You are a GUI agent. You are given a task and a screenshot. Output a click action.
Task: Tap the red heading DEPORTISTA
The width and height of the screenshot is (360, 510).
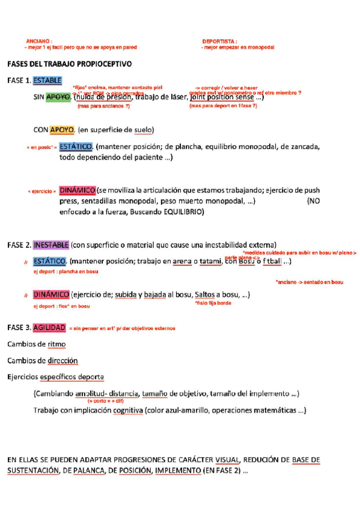pyautogui.click(x=219, y=40)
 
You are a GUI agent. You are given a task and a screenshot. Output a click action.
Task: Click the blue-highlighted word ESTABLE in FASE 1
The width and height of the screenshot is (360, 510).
pyautogui.click(x=47, y=81)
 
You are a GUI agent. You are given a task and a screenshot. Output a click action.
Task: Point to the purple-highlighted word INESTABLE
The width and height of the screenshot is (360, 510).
pyautogui.click(x=51, y=245)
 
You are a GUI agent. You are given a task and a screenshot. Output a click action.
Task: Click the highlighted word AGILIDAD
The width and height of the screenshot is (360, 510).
pyautogui.click(x=49, y=328)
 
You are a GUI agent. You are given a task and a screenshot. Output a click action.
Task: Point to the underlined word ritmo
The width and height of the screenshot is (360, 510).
pyautogui.click(x=56, y=344)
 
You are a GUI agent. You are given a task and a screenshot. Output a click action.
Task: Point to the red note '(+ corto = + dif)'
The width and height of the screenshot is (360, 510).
pyautogui.click(x=106, y=401)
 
